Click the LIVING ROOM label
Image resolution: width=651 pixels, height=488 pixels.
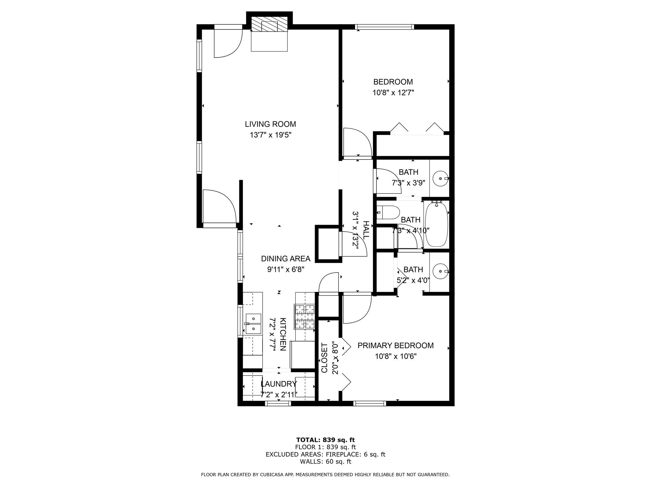pos(270,124)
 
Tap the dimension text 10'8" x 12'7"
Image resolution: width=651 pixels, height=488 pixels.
pos(393,93)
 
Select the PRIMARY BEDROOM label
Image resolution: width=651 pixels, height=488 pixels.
pos(395,345)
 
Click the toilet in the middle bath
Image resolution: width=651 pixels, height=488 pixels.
pos(388,213)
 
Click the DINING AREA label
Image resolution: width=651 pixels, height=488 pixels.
pos(285,259)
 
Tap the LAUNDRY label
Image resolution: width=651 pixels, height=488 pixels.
pos(278,384)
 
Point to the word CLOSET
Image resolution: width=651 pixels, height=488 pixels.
pos(324,358)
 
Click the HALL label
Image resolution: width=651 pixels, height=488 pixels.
pos(366,230)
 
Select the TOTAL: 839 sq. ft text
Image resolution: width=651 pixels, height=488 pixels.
pos(325,440)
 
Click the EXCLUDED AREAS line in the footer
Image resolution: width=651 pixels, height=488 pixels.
pos(325,455)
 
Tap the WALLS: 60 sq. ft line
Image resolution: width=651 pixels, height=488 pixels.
pos(325,462)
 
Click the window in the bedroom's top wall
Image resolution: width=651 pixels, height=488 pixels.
pos(384,27)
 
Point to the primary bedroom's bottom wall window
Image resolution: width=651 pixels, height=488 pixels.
pos(369,403)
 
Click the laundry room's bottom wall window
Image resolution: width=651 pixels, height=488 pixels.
pos(278,403)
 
